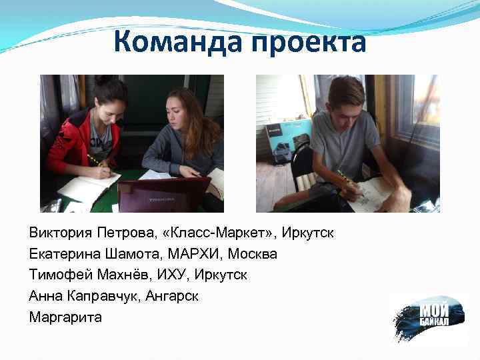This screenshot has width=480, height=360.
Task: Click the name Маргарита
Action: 65,317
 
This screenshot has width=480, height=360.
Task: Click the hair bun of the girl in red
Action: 104,81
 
